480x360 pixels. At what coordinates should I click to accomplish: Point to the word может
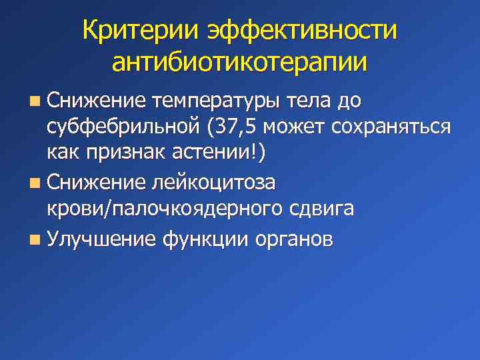coord(301,127)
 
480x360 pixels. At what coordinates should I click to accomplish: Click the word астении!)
coord(223,153)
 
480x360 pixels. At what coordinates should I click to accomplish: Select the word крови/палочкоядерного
coord(161,209)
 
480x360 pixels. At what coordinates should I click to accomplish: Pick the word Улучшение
coord(102,239)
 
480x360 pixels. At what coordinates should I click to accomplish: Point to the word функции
coord(204,239)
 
